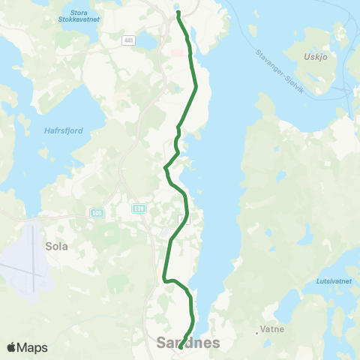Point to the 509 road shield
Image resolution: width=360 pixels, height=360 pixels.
97,212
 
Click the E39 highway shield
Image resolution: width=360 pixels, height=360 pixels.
137,208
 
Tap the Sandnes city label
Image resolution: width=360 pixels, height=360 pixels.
188,343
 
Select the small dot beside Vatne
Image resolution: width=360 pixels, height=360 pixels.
257,330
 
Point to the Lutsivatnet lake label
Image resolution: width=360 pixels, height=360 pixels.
325,281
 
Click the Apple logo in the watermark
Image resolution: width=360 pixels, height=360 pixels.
12,347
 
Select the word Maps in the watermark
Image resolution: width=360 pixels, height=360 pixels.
34,347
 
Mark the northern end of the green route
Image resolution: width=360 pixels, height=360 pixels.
178,13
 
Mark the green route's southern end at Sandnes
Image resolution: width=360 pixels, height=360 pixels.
180,346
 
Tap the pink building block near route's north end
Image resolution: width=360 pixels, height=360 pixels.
177,52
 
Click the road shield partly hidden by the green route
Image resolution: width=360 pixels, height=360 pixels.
184,219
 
